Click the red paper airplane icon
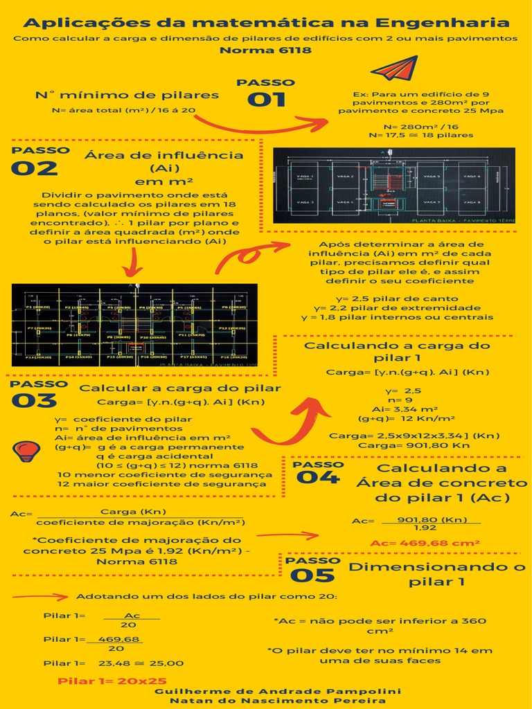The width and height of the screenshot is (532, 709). pos(394,69)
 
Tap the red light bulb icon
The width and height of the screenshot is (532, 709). pos(26,451)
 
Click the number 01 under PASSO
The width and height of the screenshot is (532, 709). pos(266,100)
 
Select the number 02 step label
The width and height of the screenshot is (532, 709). pos(34,168)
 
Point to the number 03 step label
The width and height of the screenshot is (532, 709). pos(33,401)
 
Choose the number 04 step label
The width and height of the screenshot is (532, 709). pos(317,478)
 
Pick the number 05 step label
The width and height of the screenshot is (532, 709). pos(312,575)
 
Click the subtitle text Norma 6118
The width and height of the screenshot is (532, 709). pos(265,50)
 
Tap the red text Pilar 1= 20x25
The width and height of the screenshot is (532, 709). pos(112,681)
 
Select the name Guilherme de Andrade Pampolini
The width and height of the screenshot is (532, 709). pos(277,691)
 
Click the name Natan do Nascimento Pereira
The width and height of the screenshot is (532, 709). pos(277,701)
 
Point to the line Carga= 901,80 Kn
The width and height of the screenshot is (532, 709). pos(414,445)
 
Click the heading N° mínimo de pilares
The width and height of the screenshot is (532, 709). pos(127,95)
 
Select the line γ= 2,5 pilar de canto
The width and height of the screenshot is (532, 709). pos(397,298)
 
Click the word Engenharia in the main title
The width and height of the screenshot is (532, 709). pos(452,24)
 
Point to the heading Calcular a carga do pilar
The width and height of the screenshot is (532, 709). pos(180,388)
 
